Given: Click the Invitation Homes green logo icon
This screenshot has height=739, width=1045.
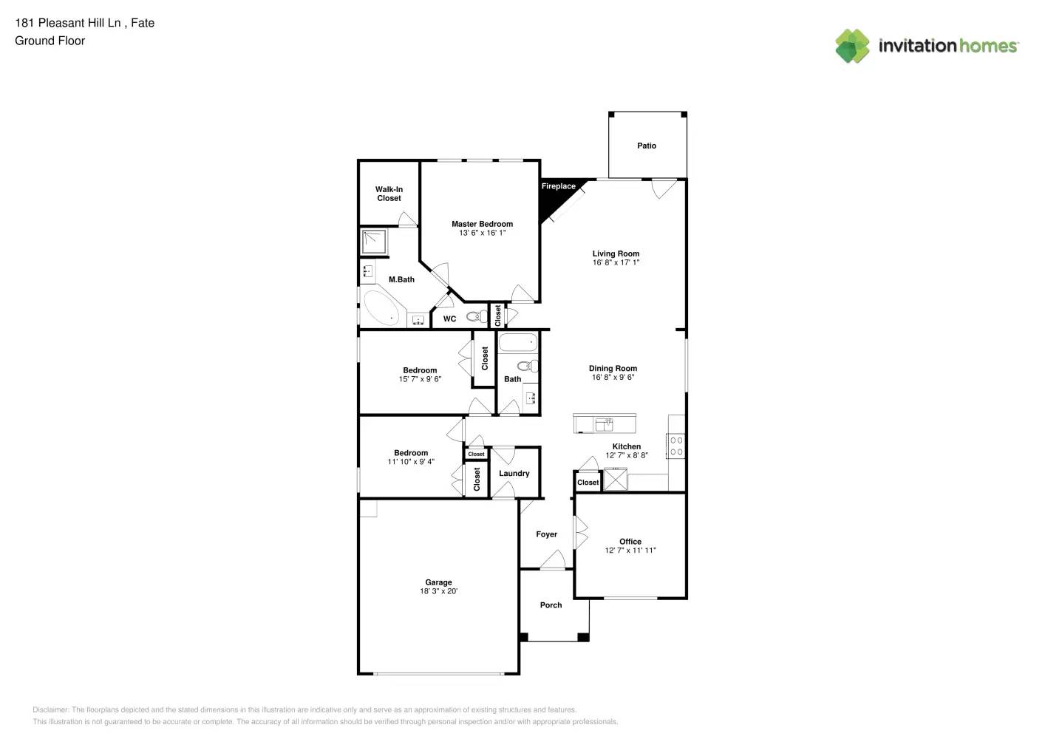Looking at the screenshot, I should pos(852,46).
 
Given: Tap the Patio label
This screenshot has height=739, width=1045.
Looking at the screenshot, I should pos(647,146).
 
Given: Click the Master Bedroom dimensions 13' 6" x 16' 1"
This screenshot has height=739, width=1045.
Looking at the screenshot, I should pos(482,233).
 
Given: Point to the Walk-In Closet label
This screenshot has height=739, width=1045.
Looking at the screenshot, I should pos(389,194).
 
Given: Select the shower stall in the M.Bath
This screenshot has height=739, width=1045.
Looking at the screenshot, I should pos(374,242).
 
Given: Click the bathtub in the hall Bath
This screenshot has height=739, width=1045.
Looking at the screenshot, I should pos(518,343).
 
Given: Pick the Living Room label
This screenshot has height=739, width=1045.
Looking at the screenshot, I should pos(616,253).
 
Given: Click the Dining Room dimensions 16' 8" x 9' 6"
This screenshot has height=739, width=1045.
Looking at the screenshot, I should pos(613,378).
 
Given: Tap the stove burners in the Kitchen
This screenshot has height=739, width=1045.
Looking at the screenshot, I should pos(676,446).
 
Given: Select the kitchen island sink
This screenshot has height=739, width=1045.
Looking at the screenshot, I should pos(604,424).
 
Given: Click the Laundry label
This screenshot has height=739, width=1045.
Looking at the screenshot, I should pos(514,474).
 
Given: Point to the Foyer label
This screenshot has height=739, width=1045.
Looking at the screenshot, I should pos(546,534).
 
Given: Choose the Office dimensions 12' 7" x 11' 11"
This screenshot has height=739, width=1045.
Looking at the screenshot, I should pos(630,551).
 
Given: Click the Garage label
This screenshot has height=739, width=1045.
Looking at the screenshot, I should pos(438,582).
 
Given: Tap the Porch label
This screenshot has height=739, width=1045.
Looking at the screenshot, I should pos(551,605).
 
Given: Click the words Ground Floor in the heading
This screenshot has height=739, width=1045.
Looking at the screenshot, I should pos(50,41).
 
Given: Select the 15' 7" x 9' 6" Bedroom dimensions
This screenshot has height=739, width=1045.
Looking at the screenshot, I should pos(420,379).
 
